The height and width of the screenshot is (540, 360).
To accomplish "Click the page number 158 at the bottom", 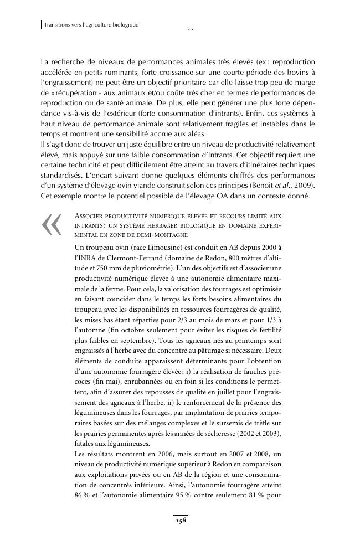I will point(180,521).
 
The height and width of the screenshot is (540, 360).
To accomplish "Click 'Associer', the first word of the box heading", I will point(90,215).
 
